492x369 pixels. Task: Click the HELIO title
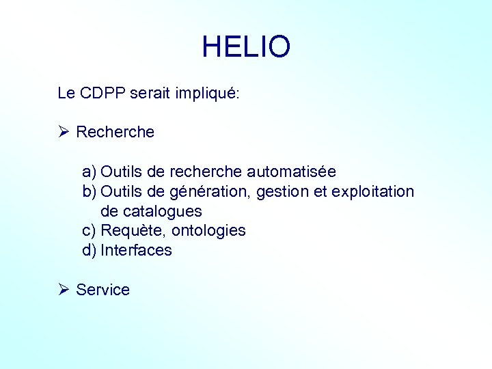pos(246,46)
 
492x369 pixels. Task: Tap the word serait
pos(151,94)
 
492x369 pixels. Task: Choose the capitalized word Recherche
pos(115,132)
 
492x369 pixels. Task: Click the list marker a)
pos(90,171)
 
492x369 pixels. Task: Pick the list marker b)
pos(90,191)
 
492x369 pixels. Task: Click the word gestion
pos(283,191)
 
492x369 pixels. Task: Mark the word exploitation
pos(372,191)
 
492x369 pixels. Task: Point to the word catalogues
pos(161,211)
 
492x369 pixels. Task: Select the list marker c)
pos(90,230)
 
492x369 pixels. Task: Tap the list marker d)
pos(90,250)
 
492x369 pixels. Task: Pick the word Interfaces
pos(136,250)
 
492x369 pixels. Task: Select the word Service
pos(102,290)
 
